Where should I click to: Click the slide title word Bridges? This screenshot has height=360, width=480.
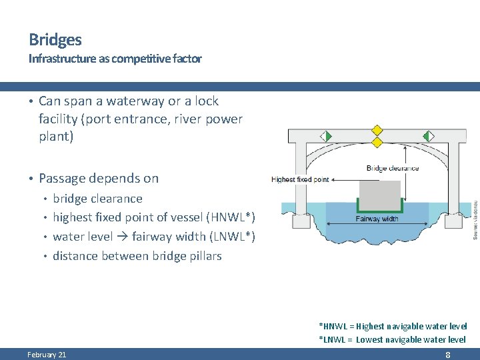click(55, 40)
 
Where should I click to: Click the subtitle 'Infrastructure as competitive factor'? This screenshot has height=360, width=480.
click(115, 59)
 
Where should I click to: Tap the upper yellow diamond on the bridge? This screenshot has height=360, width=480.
click(377, 130)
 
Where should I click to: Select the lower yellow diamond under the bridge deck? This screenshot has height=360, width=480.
click(377, 142)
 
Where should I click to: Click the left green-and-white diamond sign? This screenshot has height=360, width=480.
click(326, 136)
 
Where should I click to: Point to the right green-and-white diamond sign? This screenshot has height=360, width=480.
click(427, 136)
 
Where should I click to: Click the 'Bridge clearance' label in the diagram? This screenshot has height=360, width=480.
click(393, 168)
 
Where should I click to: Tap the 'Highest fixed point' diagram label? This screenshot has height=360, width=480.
click(300, 179)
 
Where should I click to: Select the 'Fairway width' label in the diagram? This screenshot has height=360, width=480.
click(377, 219)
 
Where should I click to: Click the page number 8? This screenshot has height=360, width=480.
click(447, 355)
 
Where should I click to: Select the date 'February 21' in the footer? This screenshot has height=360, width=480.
click(47, 355)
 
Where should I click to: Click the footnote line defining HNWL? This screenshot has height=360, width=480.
click(393, 327)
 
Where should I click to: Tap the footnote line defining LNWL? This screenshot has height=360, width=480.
click(393, 339)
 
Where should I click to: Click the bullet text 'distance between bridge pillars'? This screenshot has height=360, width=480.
click(137, 256)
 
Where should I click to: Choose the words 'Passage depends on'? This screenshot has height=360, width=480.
click(99, 178)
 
